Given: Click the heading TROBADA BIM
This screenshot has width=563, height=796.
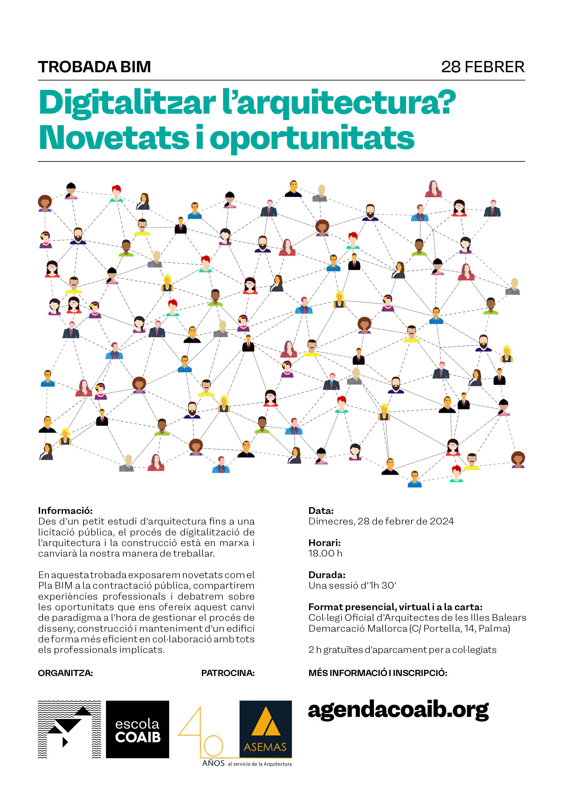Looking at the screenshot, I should [94, 67].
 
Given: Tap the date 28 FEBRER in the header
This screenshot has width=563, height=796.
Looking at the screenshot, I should [482, 67].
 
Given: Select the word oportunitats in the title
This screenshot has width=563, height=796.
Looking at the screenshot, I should [312, 138].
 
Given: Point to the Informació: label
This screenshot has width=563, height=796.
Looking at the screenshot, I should [65, 511].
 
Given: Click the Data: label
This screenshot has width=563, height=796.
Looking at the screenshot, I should [321, 511].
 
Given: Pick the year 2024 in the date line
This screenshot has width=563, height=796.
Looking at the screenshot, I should [442, 522].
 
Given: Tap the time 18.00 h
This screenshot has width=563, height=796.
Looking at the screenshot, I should [325, 553].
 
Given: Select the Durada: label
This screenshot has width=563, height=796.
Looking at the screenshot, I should [327, 575].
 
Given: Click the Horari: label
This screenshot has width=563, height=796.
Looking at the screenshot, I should [325, 542].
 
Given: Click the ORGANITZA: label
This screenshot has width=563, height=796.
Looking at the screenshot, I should [65, 673].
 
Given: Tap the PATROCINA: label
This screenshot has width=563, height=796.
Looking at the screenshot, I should [228, 673].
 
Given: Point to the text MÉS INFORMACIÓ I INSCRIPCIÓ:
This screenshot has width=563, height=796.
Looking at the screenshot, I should [377, 673].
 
